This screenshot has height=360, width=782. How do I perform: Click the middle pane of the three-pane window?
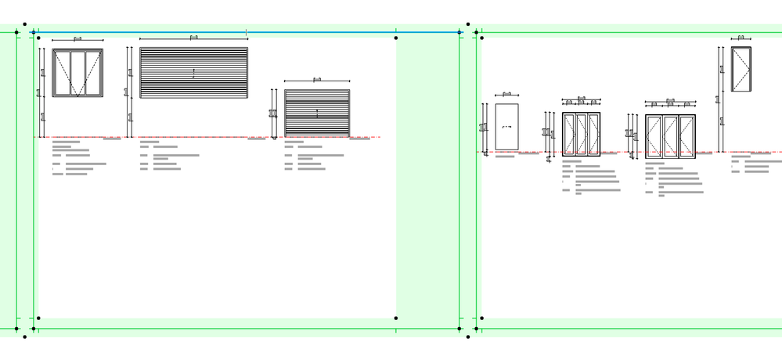pyautogui.click(x=77, y=73)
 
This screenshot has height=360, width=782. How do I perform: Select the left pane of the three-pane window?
pyautogui.click(x=62, y=73)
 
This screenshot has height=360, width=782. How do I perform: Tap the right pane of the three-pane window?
pyautogui.click(x=93, y=73)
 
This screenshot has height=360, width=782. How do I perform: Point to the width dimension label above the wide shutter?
pyautogui.click(x=193, y=37)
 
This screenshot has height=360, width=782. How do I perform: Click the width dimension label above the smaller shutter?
pyautogui.click(x=317, y=79)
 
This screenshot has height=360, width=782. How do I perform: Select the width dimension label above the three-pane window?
pyautogui.click(x=77, y=38)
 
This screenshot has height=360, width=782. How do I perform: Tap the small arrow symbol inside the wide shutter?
pyautogui.click(x=193, y=74)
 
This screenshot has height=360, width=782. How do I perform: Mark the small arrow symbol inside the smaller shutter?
pyautogui.click(x=317, y=113)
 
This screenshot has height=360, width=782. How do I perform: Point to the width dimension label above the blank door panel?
pyautogui.click(x=506, y=93)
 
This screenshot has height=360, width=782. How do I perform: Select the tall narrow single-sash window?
pyautogui.click(x=741, y=69)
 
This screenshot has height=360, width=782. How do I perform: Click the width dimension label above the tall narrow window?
pyautogui.click(x=741, y=37)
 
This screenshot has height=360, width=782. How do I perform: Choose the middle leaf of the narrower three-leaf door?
pyautogui.click(x=581, y=134)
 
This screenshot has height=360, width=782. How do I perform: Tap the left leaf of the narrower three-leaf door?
pyautogui.click(x=569, y=134)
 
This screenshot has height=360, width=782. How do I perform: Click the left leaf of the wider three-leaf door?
pyautogui.click(x=654, y=136)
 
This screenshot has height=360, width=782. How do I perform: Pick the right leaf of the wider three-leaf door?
pyautogui.click(x=687, y=136)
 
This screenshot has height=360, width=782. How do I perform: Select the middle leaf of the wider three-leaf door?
pyautogui.click(x=671, y=136)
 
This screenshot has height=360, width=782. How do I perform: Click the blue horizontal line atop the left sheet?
pyautogui.click(x=141, y=32)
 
